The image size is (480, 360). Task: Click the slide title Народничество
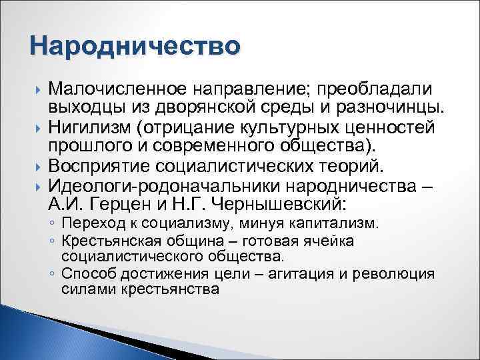[134, 47]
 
